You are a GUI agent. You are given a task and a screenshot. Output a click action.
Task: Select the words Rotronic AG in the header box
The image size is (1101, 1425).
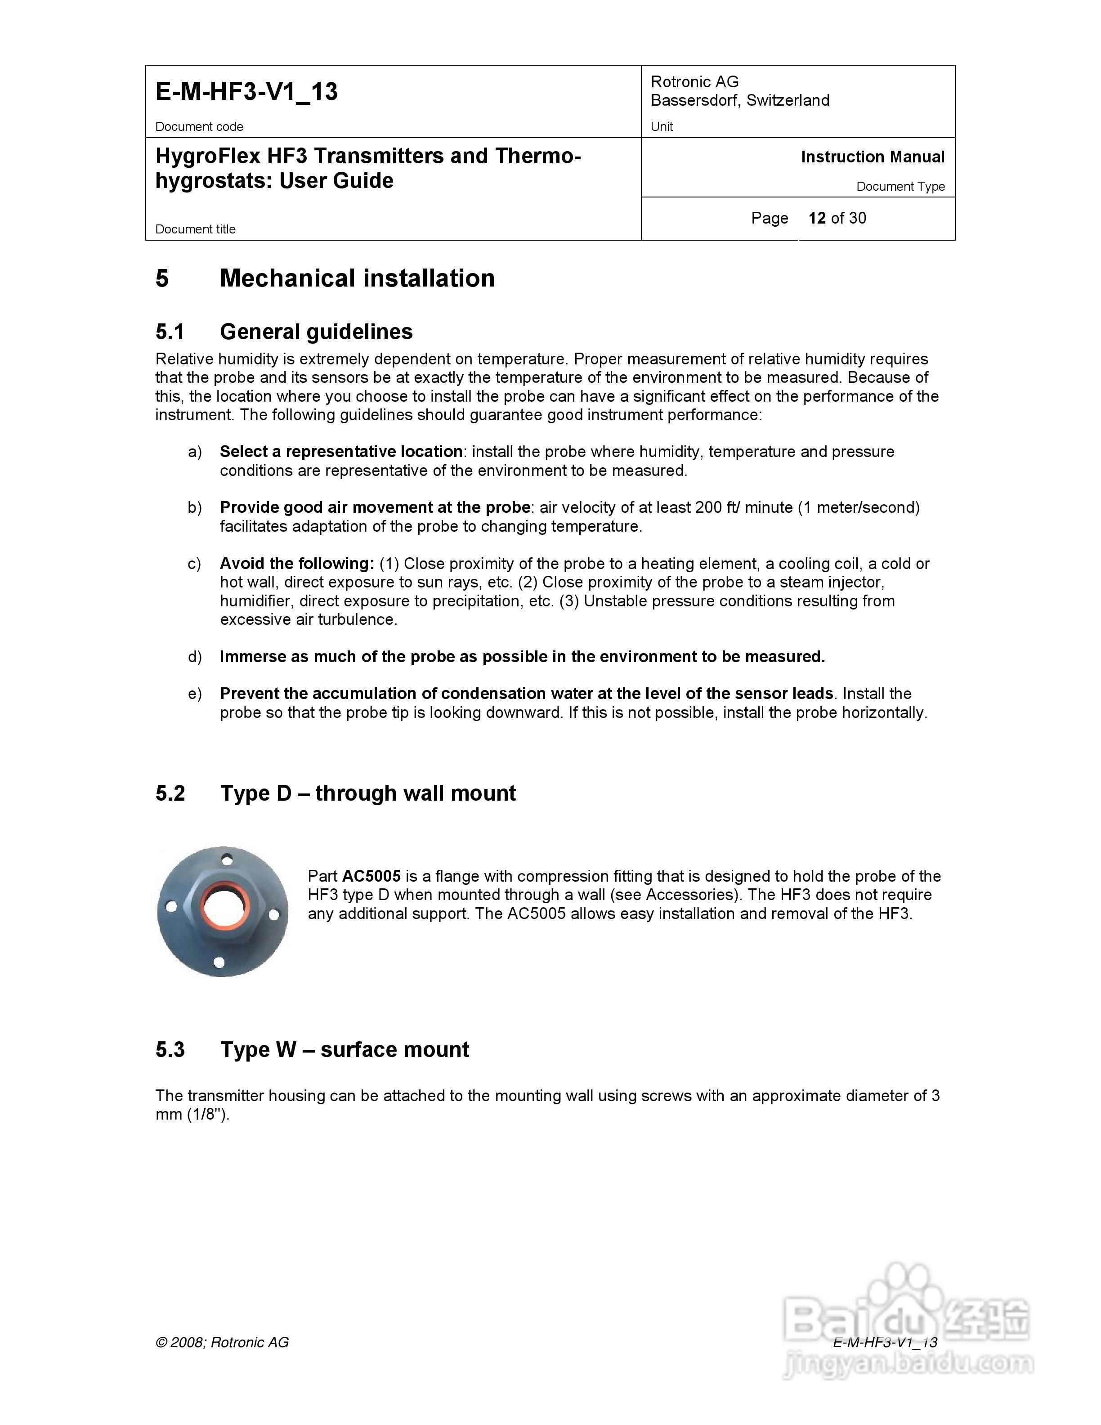pos(695,81)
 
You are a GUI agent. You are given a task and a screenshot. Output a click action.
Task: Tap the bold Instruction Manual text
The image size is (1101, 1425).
pos(872,157)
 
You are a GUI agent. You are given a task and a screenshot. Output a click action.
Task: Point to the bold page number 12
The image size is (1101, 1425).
pos(817,218)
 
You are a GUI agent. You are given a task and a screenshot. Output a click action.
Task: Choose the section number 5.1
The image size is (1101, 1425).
pos(170,332)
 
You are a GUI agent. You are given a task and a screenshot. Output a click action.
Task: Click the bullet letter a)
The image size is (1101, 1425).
pos(194,452)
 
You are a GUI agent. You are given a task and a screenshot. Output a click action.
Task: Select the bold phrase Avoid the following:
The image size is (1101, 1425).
pos(297,564)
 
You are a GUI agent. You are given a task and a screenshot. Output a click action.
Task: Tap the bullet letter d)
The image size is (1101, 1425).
pos(194,657)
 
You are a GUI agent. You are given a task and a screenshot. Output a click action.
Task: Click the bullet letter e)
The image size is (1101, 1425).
pos(194,694)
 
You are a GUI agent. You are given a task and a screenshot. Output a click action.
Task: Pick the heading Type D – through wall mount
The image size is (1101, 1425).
pos(368,793)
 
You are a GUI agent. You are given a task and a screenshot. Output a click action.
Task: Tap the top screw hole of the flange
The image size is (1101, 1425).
pos(227,859)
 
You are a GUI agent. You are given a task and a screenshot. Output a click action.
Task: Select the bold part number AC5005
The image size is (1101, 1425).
pos(371,876)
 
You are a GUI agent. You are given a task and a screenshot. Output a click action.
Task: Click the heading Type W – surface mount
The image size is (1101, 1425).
pos(345,1050)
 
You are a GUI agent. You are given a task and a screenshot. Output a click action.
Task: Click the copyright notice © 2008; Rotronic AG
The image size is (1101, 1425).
pos(222,1342)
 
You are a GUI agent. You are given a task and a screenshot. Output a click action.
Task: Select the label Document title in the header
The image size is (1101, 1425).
pos(195,229)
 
